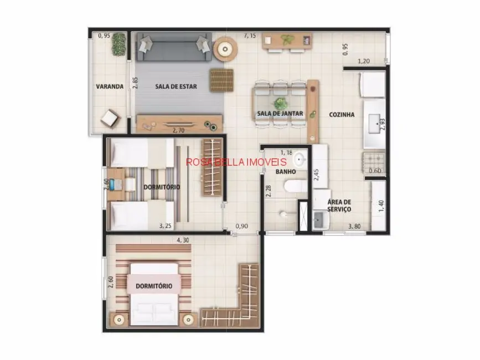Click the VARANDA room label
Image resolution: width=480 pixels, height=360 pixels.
click(109, 86)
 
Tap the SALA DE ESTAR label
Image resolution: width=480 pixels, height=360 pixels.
click(176, 86)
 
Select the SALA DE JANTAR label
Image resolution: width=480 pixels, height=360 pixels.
click(280, 114)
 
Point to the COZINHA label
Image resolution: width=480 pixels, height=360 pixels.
click(342, 115)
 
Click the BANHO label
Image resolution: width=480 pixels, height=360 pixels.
click(286, 171)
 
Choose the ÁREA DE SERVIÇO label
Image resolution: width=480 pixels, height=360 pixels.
click(338, 205)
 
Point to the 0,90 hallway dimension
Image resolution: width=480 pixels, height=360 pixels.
click(241, 226)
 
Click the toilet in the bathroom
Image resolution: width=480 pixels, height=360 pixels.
click(291, 186)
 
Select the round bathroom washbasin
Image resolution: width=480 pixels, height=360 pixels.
click(299, 160)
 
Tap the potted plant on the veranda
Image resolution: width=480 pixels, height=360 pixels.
click(119, 45)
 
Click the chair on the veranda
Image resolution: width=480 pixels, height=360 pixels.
click(109, 118)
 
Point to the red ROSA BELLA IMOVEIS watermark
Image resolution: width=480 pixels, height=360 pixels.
click(236, 162)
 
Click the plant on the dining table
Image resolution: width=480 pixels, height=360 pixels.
click(280, 104)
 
